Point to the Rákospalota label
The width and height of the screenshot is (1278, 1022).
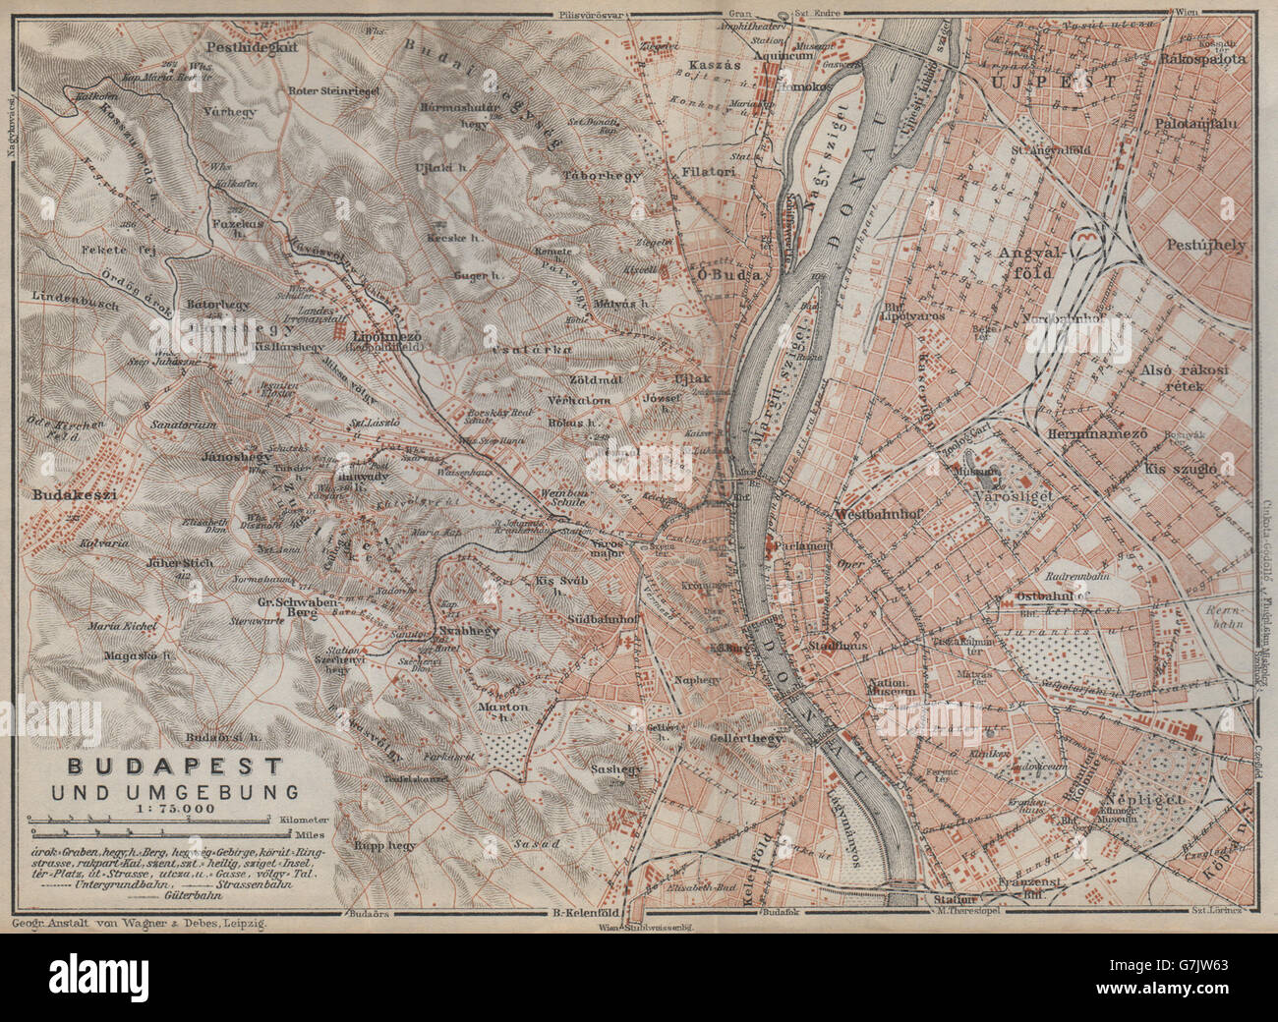(1202, 58)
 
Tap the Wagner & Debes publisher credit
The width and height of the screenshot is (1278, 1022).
(143, 924)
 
